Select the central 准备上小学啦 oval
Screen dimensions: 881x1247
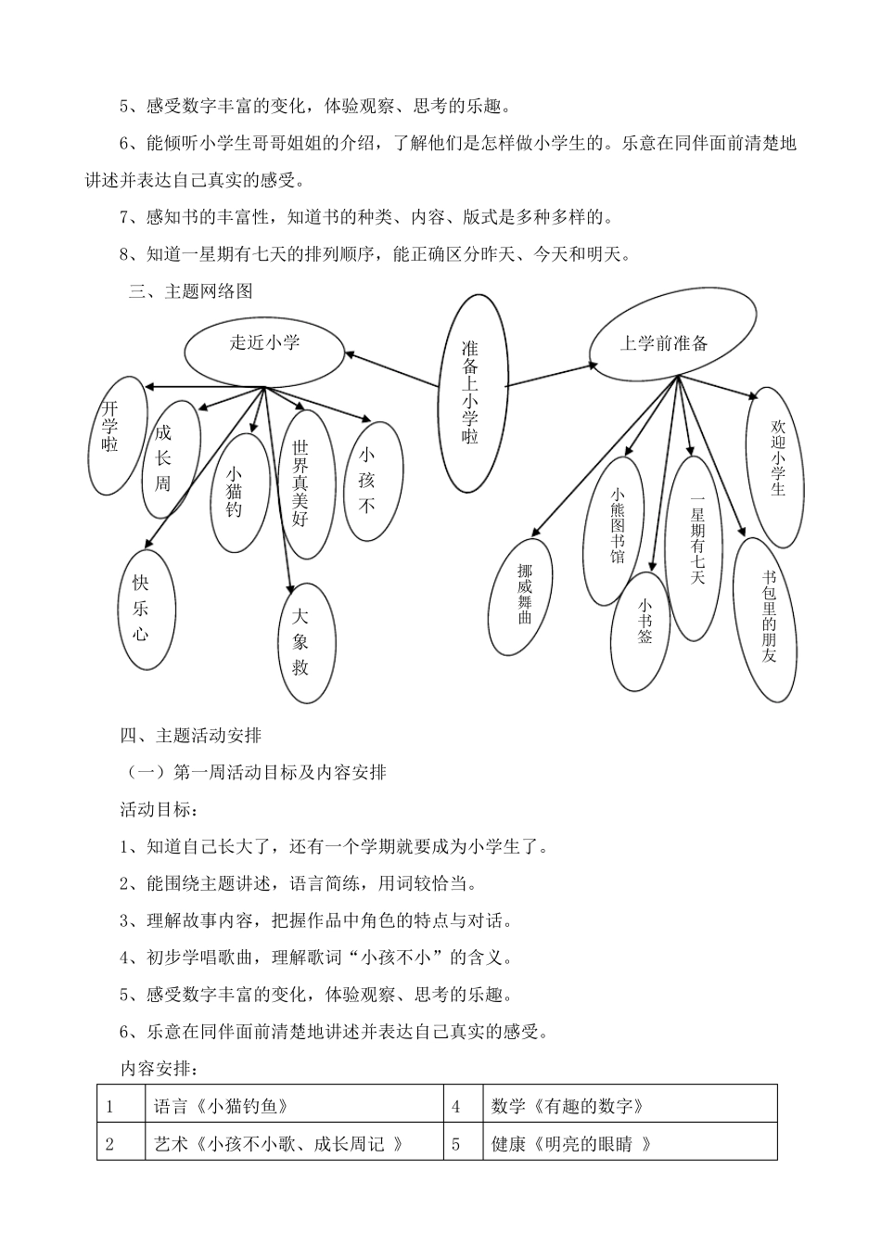point(472,392)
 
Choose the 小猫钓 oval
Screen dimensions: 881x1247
point(234,492)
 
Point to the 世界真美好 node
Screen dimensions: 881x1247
point(300,483)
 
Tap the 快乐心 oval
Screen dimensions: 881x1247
point(141,609)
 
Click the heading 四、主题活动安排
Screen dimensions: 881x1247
point(191,736)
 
